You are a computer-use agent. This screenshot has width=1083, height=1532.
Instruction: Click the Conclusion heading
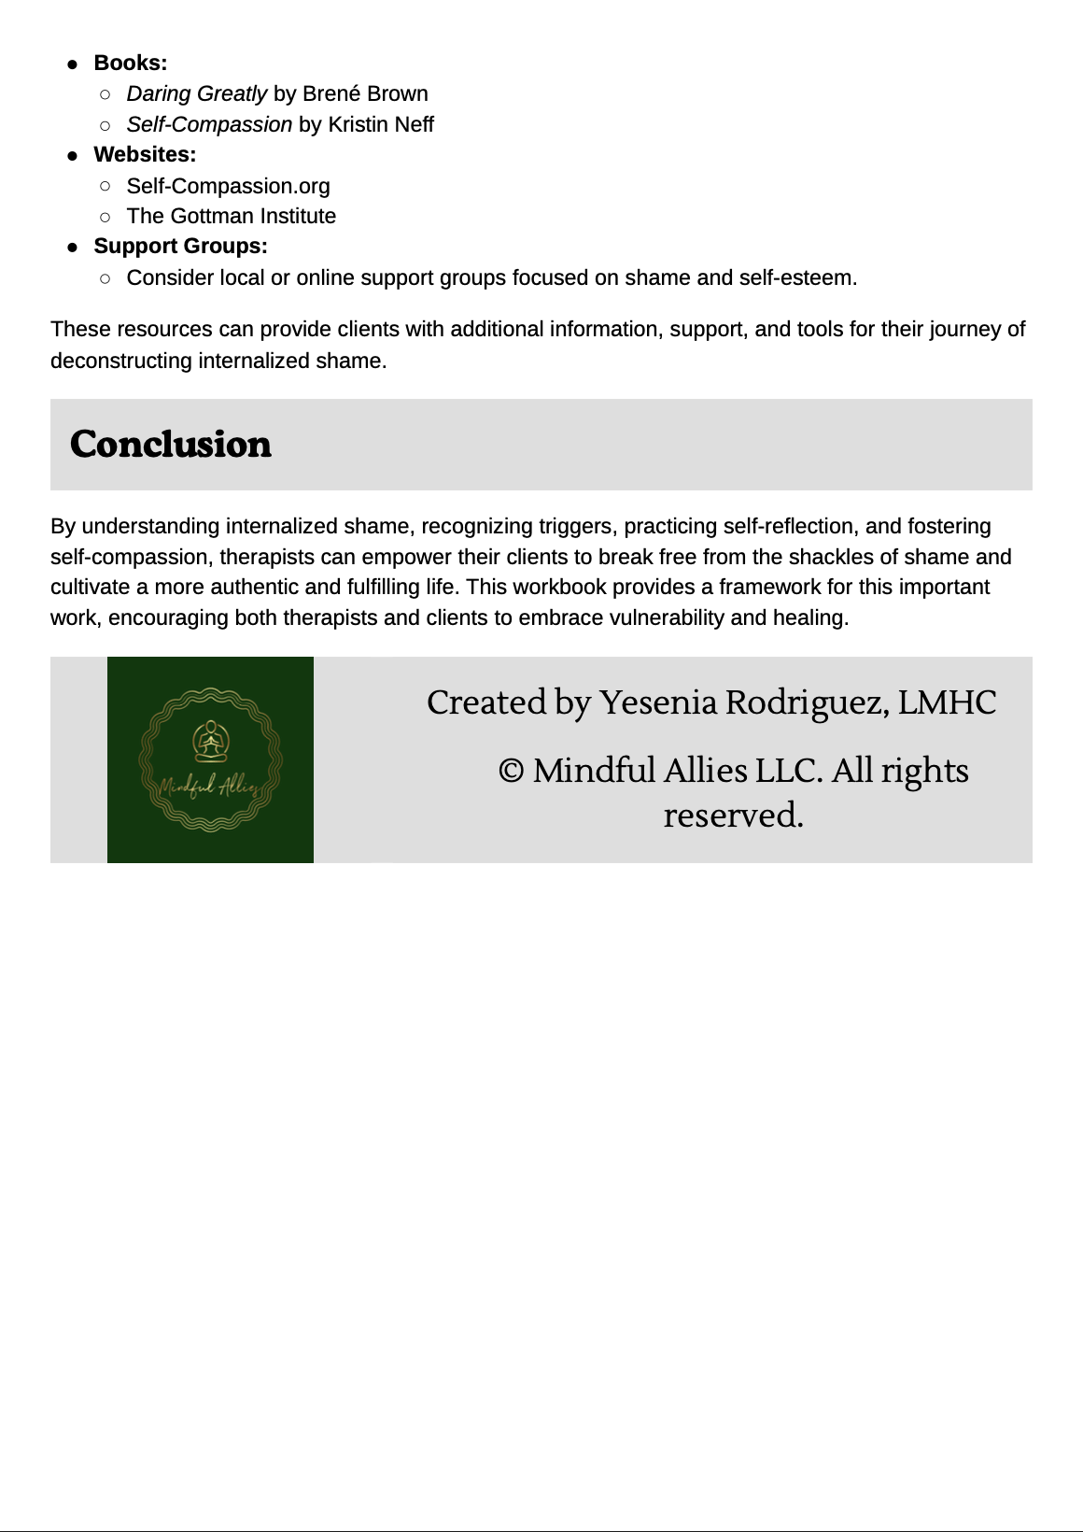tap(171, 445)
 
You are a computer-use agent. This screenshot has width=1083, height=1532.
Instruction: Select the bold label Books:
tap(131, 64)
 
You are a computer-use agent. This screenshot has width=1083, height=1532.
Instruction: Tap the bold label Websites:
tap(145, 155)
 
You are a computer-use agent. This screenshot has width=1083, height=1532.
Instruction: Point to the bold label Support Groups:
tap(180, 247)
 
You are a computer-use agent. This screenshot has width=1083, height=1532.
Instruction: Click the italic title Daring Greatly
tap(197, 94)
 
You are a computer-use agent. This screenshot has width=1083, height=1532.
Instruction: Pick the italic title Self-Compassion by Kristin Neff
tap(209, 125)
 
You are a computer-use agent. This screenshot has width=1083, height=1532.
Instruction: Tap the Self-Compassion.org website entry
tap(229, 186)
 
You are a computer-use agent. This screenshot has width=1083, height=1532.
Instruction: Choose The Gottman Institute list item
tap(232, 217)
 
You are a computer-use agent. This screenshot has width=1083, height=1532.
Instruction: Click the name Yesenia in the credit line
tap(657, 702)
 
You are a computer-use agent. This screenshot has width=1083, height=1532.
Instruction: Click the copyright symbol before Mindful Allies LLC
tap(511, 772)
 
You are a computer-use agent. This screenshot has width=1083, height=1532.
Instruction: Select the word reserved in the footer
tap(733, 816)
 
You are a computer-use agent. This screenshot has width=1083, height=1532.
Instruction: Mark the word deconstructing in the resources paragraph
tap(120, 362)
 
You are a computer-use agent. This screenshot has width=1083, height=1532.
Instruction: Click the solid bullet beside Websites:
tap(73, 156)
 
